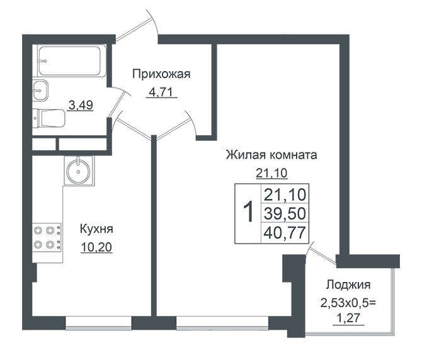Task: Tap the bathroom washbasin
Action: [40, 91]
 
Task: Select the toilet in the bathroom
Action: [49, 118]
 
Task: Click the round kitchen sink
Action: [78, 171]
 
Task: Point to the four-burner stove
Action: [47, 237]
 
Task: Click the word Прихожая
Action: [161, 74]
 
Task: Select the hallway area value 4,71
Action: [161, 93]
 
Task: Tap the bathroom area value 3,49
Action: [81, 105]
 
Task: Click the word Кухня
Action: [96, 229]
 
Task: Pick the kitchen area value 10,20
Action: [96, 247]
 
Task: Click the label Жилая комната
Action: [271, 155]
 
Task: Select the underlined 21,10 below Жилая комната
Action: [271, 173]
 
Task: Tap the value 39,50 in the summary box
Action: [285, 213]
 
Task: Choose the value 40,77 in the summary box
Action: [285, 233]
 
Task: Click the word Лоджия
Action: [348, 285]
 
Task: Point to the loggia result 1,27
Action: [348, 318]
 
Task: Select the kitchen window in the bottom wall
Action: [98, 323]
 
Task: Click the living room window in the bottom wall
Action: [222, 323]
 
